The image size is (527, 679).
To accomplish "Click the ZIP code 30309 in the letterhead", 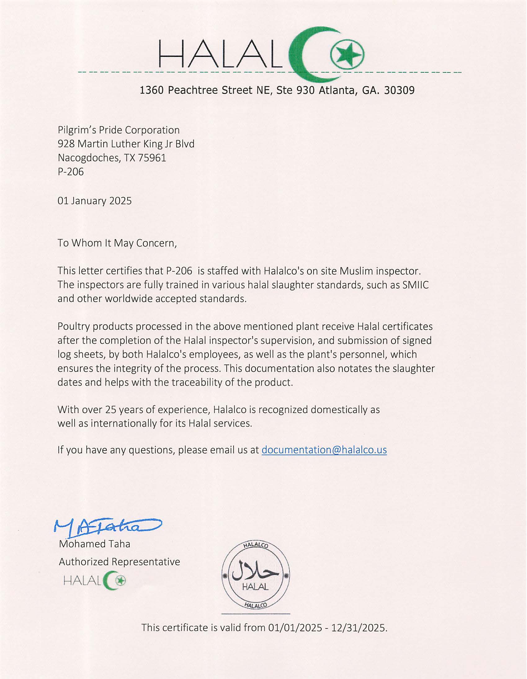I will click(x=399, y=91).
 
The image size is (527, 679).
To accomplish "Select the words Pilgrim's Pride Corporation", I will click(x=118, y=130).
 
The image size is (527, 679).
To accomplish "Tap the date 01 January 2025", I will click(x=95, y=201).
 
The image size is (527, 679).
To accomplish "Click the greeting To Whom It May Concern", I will click(x=117, y=243).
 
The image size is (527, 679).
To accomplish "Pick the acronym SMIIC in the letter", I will click(x=415, y=285).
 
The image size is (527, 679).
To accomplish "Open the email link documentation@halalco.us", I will click(x=324, y=450).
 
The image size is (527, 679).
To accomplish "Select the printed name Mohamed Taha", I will click(x=95, y=544).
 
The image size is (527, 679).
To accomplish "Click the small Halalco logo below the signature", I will click(x=95, y=580).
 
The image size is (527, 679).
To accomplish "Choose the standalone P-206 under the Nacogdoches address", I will click(x=71, y=172).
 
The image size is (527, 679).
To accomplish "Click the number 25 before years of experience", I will click(x=110, y=409).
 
